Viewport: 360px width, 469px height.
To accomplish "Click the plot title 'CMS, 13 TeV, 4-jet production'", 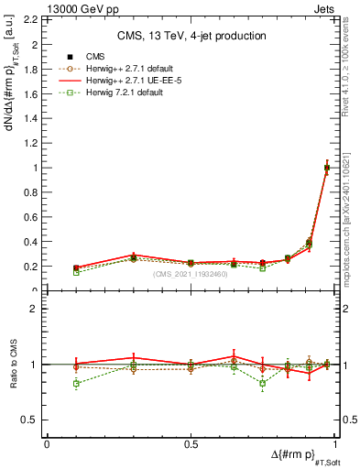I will [x=191, y=36].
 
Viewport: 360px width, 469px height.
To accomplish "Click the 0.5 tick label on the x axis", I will [x=191, y=443].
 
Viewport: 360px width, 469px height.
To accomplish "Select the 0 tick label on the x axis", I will [x=47, y=443].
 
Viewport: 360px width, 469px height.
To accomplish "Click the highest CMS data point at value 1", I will [x=327, y=168].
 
